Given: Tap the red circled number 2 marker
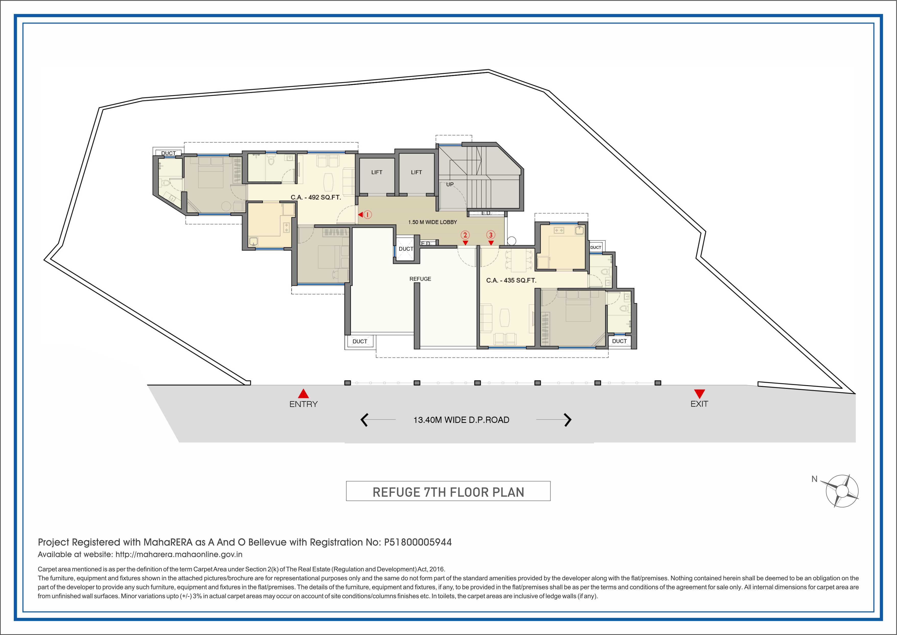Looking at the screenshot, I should (x=465, y=235).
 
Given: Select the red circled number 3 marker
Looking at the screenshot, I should (x=491, y=235).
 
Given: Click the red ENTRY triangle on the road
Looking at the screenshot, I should (x=303, y=393).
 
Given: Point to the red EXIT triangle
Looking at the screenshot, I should (x=699, y=394).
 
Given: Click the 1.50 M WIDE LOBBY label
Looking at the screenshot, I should (x=433, y=222).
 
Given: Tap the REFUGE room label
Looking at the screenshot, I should (x=420, y=279).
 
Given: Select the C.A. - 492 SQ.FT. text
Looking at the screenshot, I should (x=316, y=197).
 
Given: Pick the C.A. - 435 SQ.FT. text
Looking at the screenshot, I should (x=511, y=280).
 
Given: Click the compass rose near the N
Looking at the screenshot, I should (x=842, y=491).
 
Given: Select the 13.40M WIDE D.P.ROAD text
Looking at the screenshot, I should (x=461, y=420).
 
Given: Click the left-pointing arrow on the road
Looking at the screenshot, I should (x=364, y=420).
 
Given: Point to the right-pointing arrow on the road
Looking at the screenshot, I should (x=568, y=420).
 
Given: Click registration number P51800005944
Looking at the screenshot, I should (x=418, y=542).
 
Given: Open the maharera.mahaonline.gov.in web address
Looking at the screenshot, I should (x=179, y=554).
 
